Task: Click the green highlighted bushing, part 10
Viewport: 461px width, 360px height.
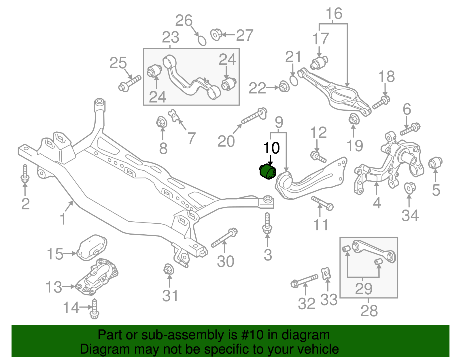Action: click(268, 171)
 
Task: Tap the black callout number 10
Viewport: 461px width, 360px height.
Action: click(271, 148)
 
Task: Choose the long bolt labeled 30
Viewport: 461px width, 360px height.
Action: click(224, 238)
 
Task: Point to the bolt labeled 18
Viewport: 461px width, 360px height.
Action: click(381, 103)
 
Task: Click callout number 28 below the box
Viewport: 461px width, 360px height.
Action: click(369, 311)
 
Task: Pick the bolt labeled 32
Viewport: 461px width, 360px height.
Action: click(305, 280)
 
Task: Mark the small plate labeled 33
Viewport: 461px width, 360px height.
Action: click(326, 274)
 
